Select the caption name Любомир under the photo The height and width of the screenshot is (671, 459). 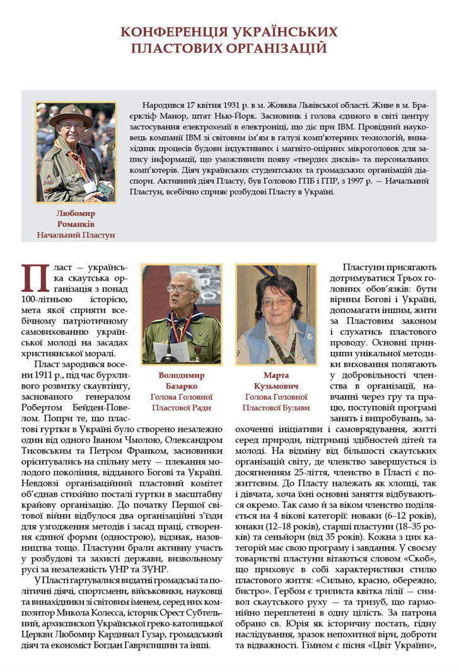coord(76,213)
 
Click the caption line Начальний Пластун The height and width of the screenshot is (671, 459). coord(76,235)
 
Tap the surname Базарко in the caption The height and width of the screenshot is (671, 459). coord(182,386)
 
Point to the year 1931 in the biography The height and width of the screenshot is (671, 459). coord(221,103)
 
